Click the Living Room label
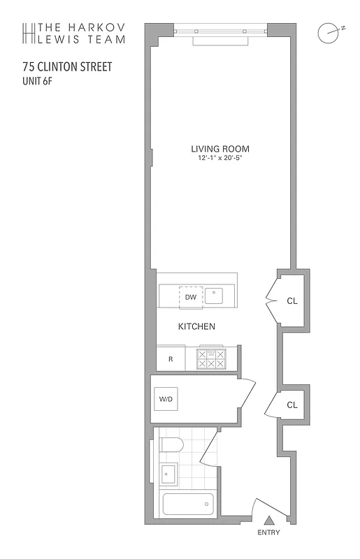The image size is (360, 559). click(x=220, y=149)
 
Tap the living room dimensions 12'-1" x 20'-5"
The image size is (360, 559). click(x=220, y=159)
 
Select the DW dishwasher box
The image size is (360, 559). click(x=190, y=297)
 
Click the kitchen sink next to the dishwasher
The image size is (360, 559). click(x=214, y=296)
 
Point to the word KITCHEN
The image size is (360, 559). click(x=196, y=326)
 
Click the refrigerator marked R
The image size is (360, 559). click(x=171, y=359)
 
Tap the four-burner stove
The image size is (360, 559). click(x=212, y=359)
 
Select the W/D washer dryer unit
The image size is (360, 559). click(x=166, y=399)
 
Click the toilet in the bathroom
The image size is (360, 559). click(x=171, y=445)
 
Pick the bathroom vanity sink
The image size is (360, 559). click(x=168, y=475)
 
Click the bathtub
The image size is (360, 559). click(x=187, y=504)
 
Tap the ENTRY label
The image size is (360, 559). click(x=268, y=533)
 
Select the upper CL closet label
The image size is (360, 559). click(x=292, y=302)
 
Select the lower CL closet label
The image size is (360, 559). click(x=292, y=405)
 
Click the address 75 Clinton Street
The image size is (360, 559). click(x=67, y=68)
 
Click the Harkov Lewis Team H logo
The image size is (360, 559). click(x=29, y=33)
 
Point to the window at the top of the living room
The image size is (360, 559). click(x=220, y=31)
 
